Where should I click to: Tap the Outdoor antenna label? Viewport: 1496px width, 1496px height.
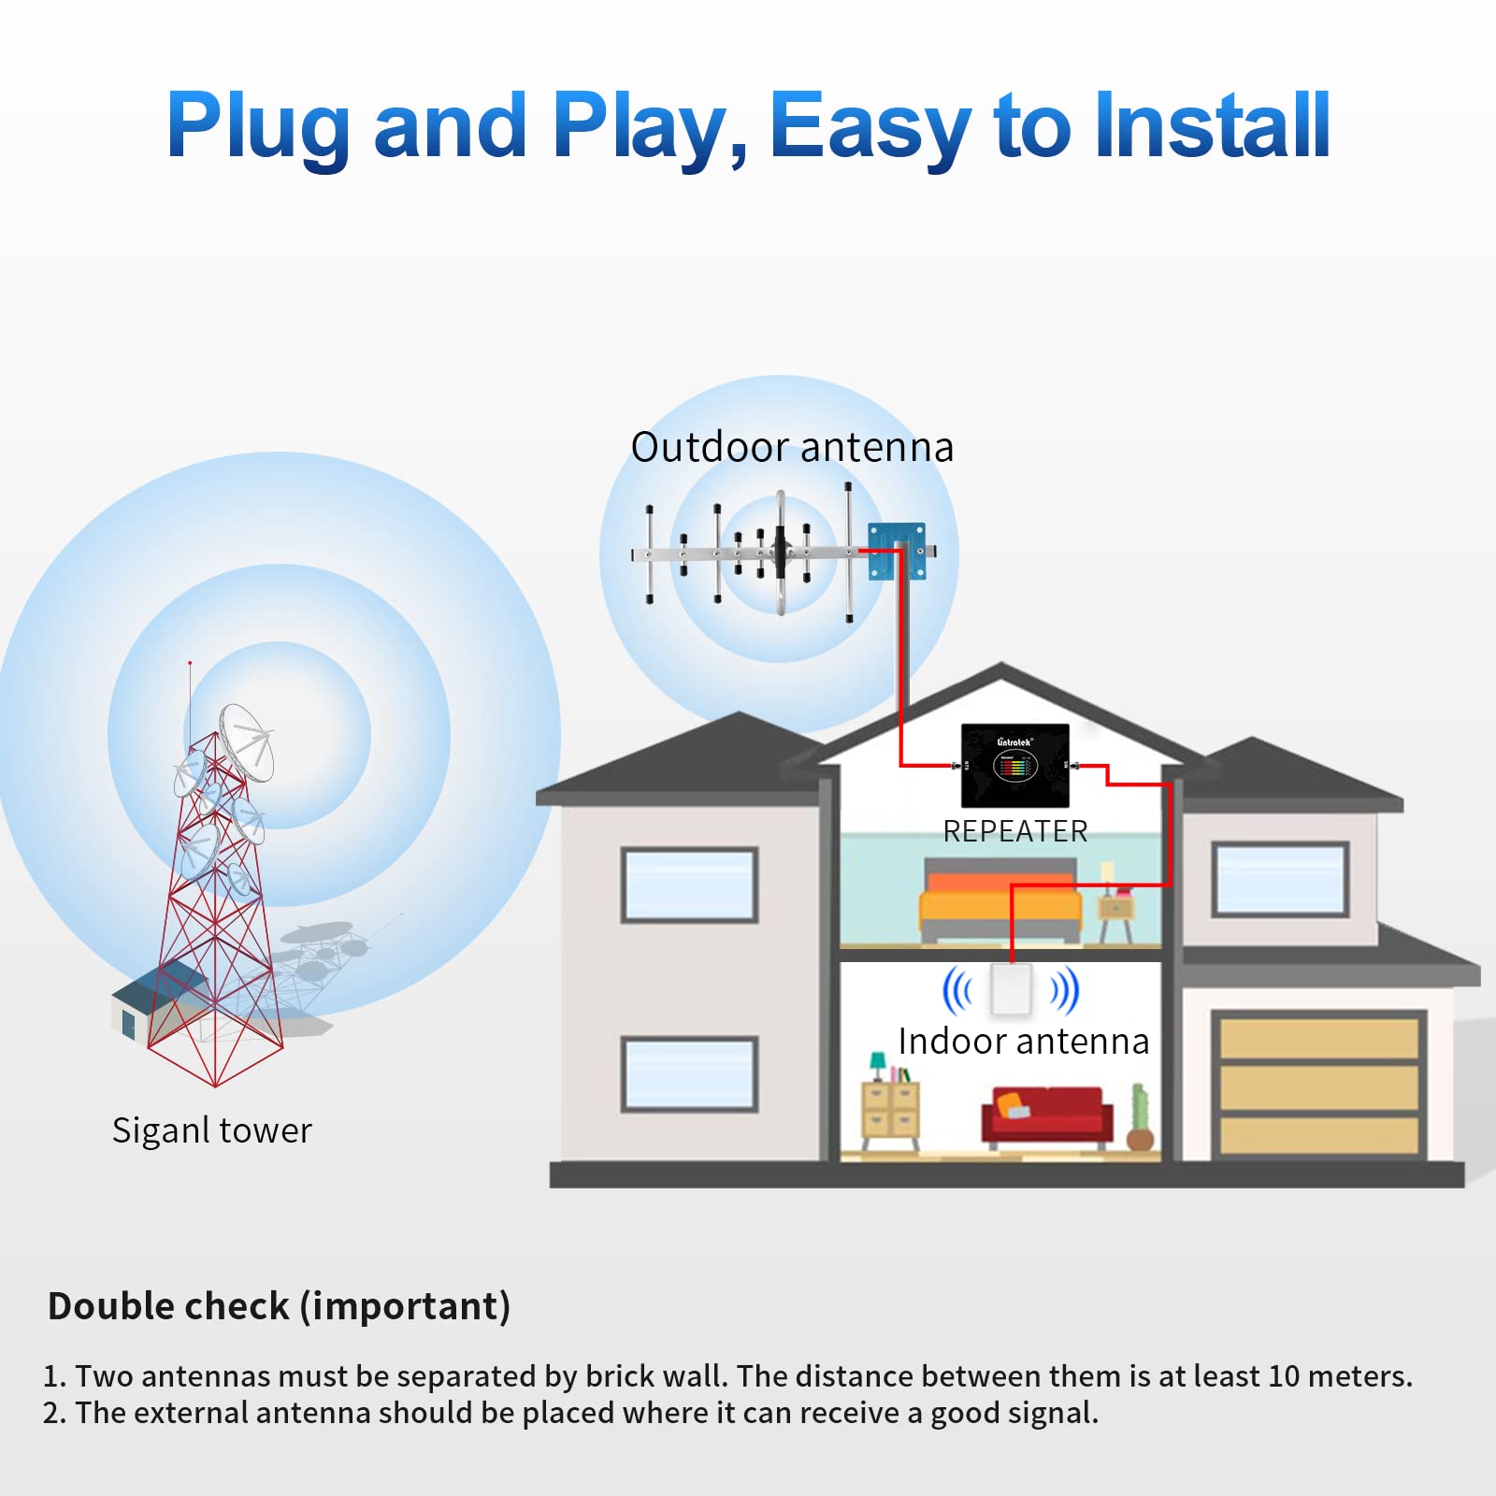click(792, 448)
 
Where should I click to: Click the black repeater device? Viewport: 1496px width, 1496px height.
click(1015, 766)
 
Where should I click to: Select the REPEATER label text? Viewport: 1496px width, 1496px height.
click(1015, 831)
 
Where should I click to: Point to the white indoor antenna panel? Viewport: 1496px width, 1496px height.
click(1012, 989)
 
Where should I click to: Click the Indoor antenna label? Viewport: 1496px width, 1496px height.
click(1023, 1042)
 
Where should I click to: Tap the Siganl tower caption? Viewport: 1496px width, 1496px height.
click(211, 1130)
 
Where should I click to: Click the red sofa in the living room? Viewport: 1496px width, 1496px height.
click(1047, 1115)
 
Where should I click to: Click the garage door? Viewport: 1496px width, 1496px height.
click(1318, 1085)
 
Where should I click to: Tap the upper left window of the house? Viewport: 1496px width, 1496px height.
click(689, 885)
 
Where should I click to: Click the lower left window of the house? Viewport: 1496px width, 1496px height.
click(689, 1073)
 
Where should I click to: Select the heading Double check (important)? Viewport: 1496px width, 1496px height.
click(279, 1306)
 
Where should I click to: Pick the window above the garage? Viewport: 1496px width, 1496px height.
click(1280, 879)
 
